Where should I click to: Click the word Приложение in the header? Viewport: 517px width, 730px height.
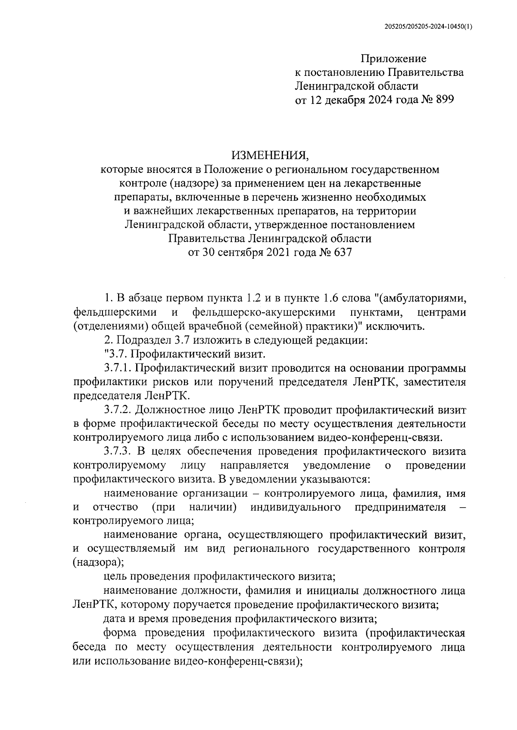[x=393, y=58]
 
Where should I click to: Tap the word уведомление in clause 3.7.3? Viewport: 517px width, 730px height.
[x=336, y=465]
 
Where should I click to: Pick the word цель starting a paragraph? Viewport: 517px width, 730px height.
[x=115, y=576]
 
